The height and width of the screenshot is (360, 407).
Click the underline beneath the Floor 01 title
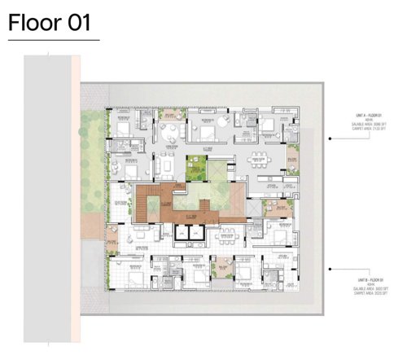tap(53, 40)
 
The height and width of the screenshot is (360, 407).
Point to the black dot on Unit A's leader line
tap(329, 139)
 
